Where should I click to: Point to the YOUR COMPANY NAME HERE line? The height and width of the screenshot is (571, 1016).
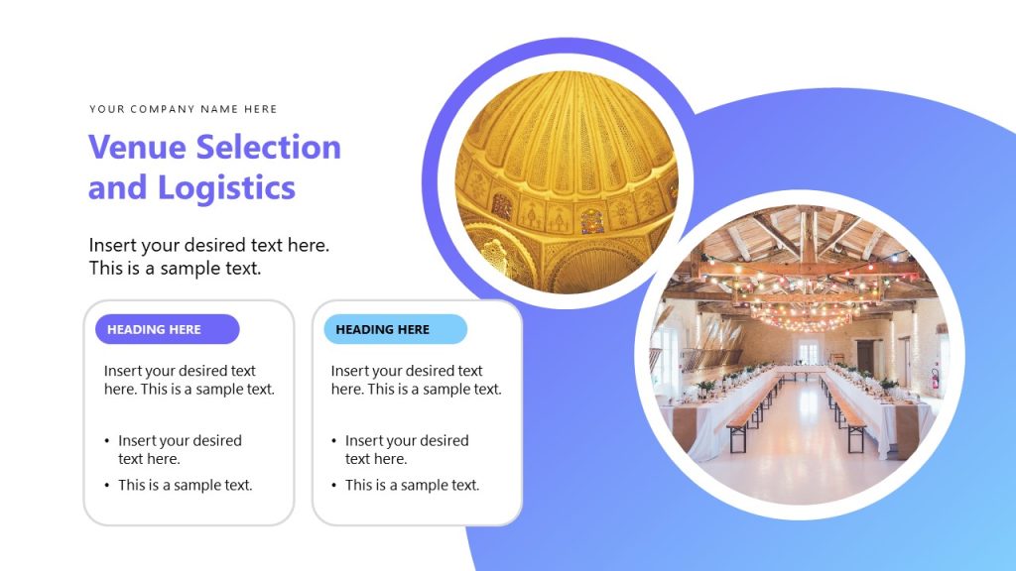tap(184, 109)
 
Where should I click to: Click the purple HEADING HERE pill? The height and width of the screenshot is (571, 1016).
tap(167, 329)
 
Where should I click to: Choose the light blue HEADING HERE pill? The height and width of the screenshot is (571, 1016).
tap(395, 329)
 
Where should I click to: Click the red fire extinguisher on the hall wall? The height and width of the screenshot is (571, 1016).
tap(934, 378)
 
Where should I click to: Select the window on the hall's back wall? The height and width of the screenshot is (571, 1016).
tap(810, 351)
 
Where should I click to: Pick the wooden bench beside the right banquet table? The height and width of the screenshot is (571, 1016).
tap(845, 413)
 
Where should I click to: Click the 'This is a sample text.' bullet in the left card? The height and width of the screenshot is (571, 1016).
tap(185, 485)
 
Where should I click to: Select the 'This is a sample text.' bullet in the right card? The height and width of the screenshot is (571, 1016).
tap(412, 485)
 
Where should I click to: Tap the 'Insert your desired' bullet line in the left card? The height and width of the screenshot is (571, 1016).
tap(180, 440)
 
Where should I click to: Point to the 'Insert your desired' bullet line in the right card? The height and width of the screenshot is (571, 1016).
tap(407, 440)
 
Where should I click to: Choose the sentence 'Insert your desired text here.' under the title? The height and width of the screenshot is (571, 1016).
tap(209, 245)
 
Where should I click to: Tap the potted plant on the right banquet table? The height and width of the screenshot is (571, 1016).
tap(888, 383)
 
